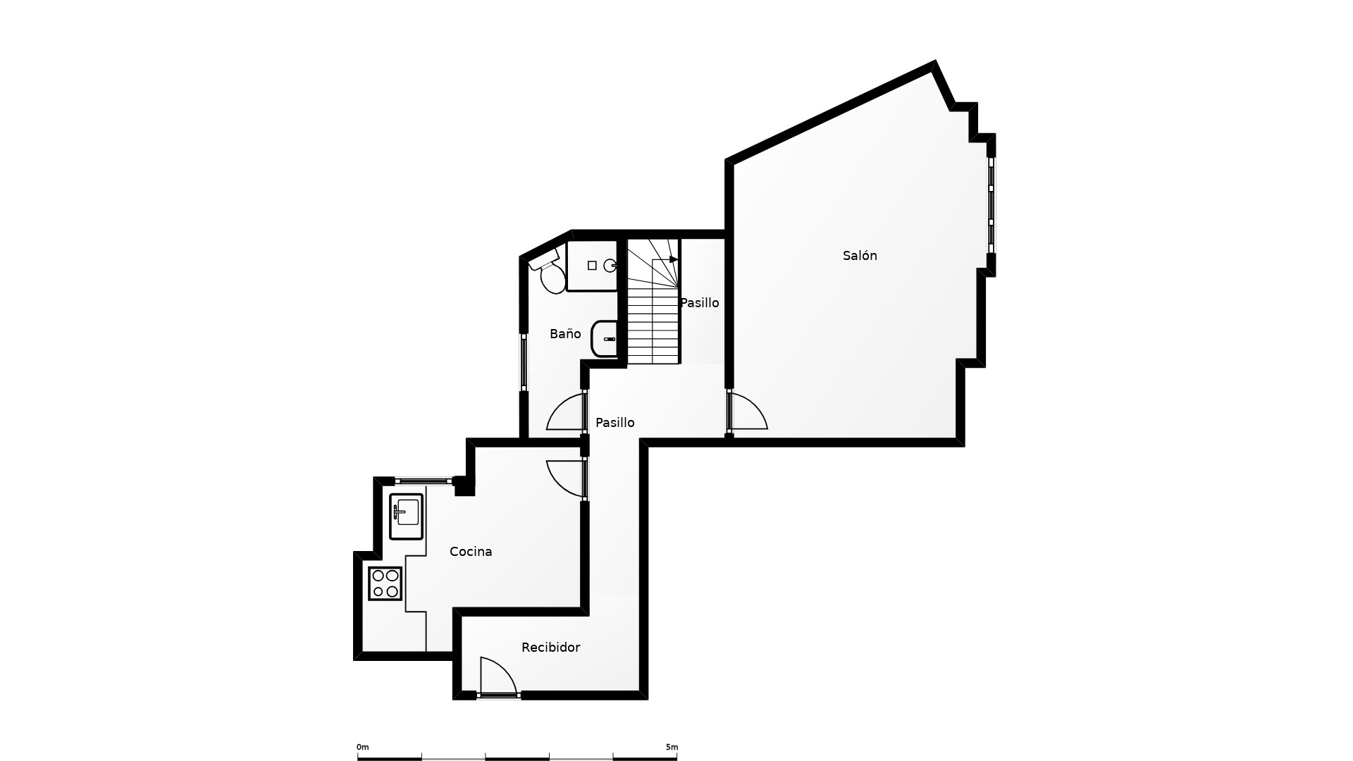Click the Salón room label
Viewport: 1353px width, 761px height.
click(860, 256)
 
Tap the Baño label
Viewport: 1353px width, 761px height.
click(565, 334)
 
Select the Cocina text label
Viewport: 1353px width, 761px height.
click(471, 552)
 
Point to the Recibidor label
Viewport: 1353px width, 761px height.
click(550, 648)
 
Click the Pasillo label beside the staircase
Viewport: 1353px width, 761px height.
click(699, 303)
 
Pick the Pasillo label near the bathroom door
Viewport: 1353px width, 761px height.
click(614, 423)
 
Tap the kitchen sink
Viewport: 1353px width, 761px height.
click(406, 516)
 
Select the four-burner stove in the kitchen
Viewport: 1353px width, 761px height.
click(385, 583)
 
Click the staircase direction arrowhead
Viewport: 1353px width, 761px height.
click(674, 260)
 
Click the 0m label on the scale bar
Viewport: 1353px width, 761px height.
click(362, 747)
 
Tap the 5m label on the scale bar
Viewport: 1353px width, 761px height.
click(672, 747)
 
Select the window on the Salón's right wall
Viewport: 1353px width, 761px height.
click(991, 205)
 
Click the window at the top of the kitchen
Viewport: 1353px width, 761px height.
click(424, 481)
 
